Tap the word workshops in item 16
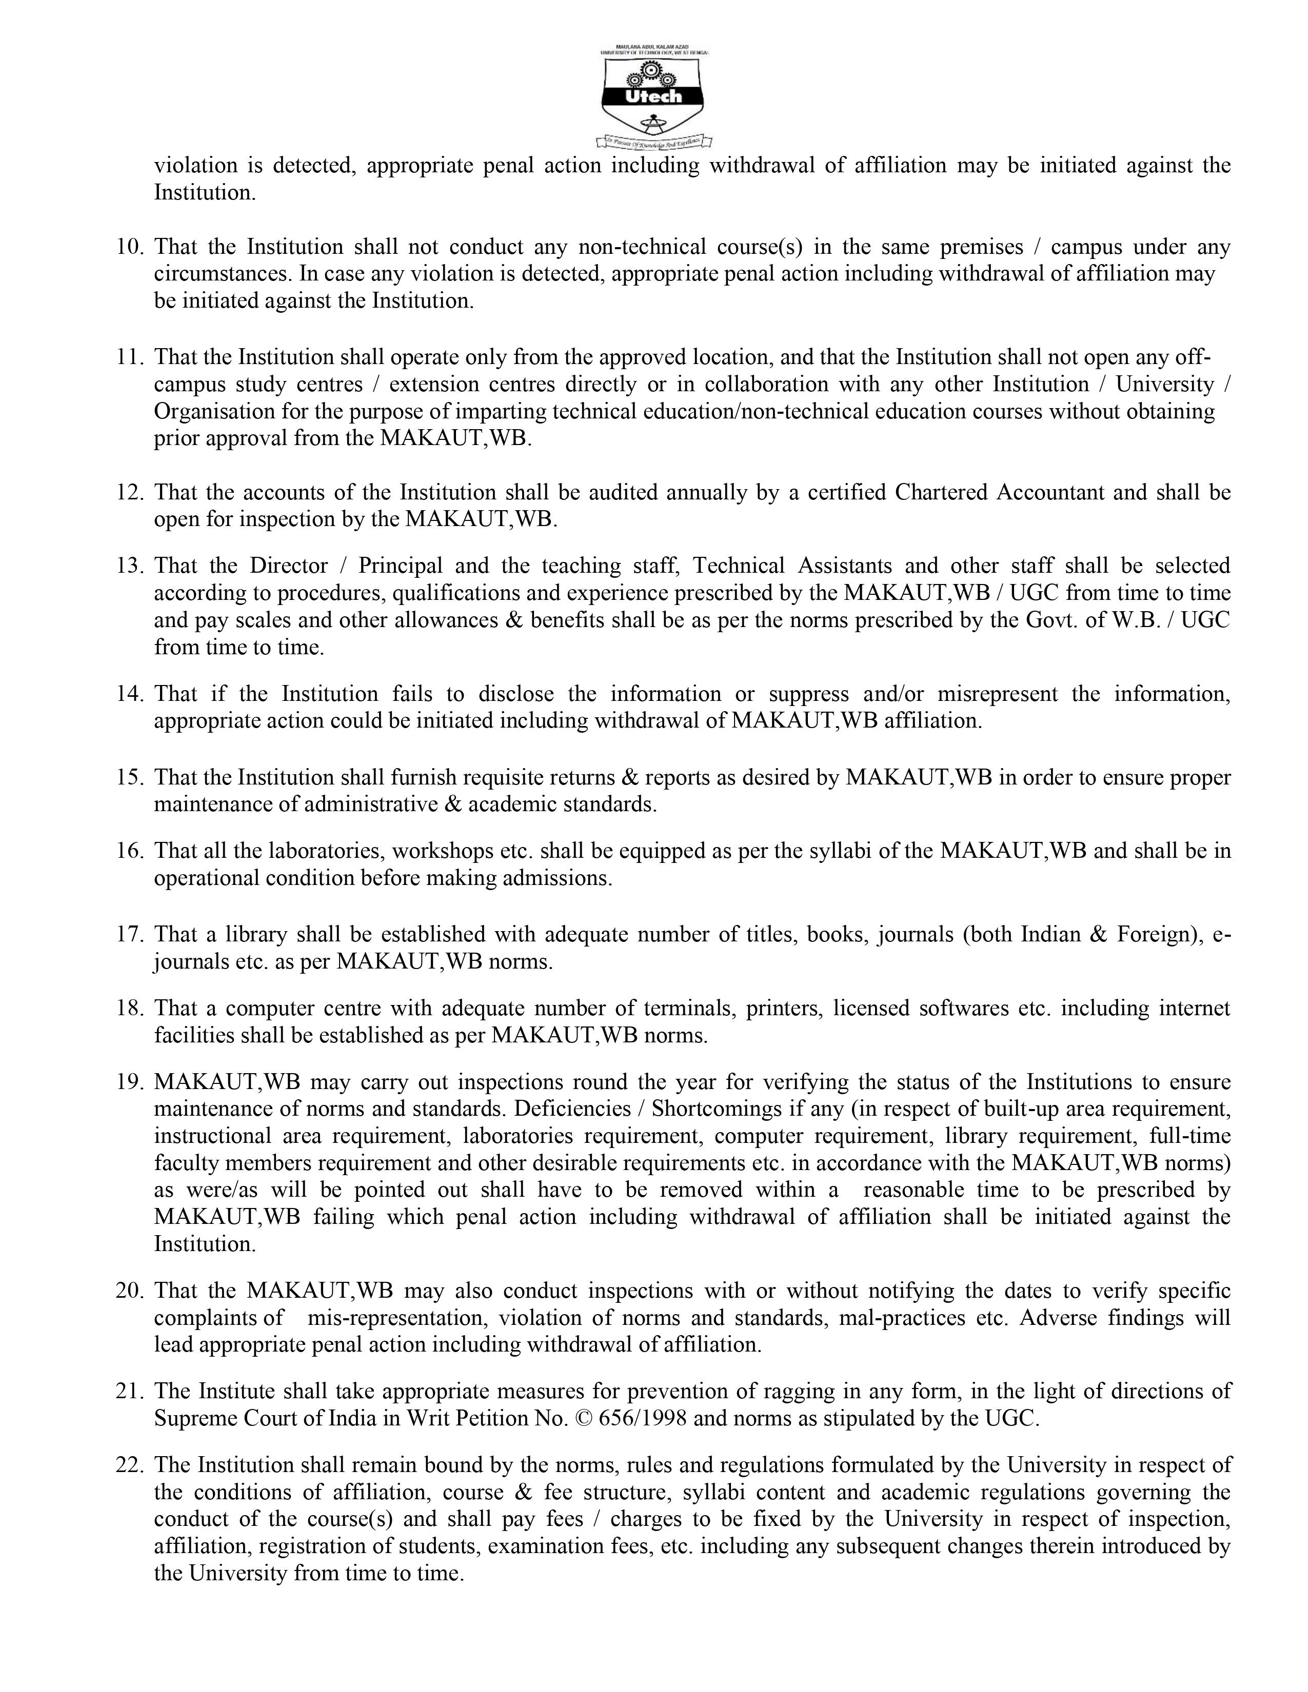[x=442, y=852]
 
